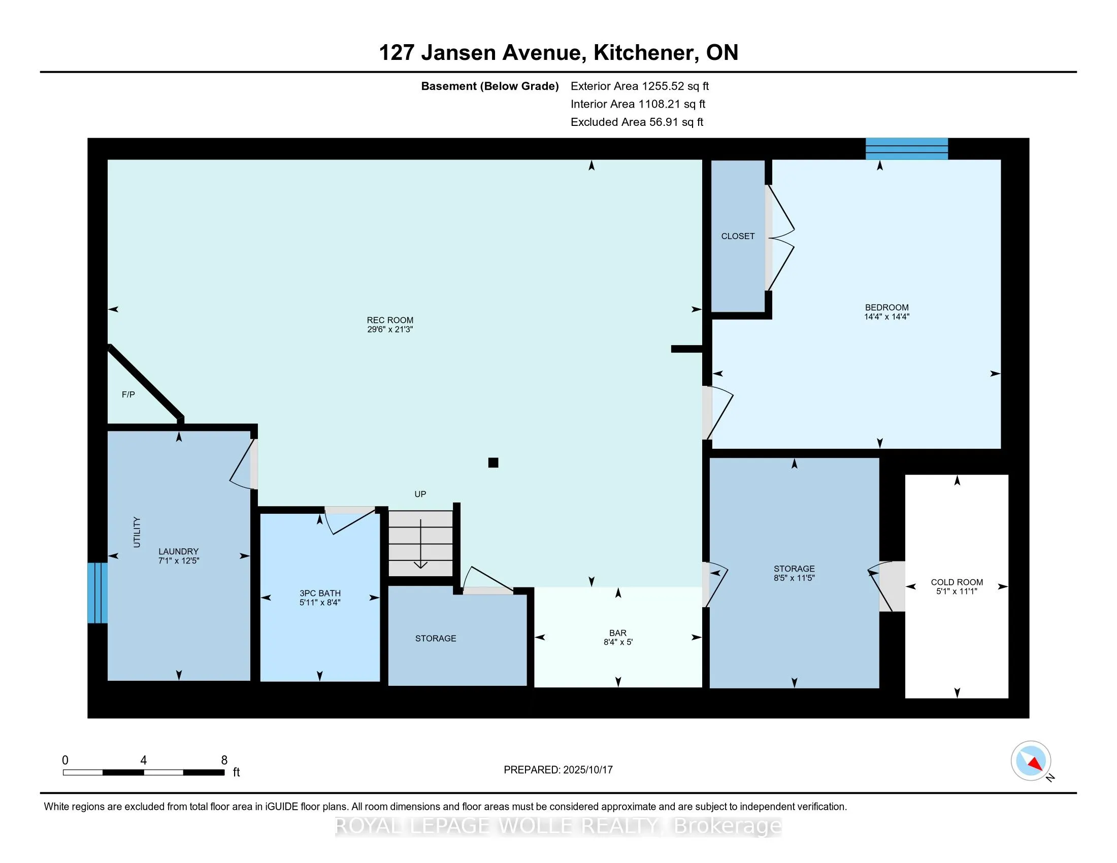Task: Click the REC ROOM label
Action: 390,320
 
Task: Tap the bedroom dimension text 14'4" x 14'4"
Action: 886,317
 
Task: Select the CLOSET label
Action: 738,236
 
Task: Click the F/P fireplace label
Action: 128,394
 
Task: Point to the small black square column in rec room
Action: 493,462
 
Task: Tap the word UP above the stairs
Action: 420,494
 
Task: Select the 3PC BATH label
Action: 320,593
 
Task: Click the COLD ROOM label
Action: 957,582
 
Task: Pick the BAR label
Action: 618,633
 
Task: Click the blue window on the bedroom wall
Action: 906,149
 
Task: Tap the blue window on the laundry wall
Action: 97,593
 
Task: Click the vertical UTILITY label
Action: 137,532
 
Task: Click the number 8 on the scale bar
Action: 224,760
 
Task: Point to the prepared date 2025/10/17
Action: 586,770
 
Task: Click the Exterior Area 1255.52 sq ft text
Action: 639,86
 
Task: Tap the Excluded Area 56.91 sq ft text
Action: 637,122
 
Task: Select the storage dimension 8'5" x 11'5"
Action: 794,578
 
